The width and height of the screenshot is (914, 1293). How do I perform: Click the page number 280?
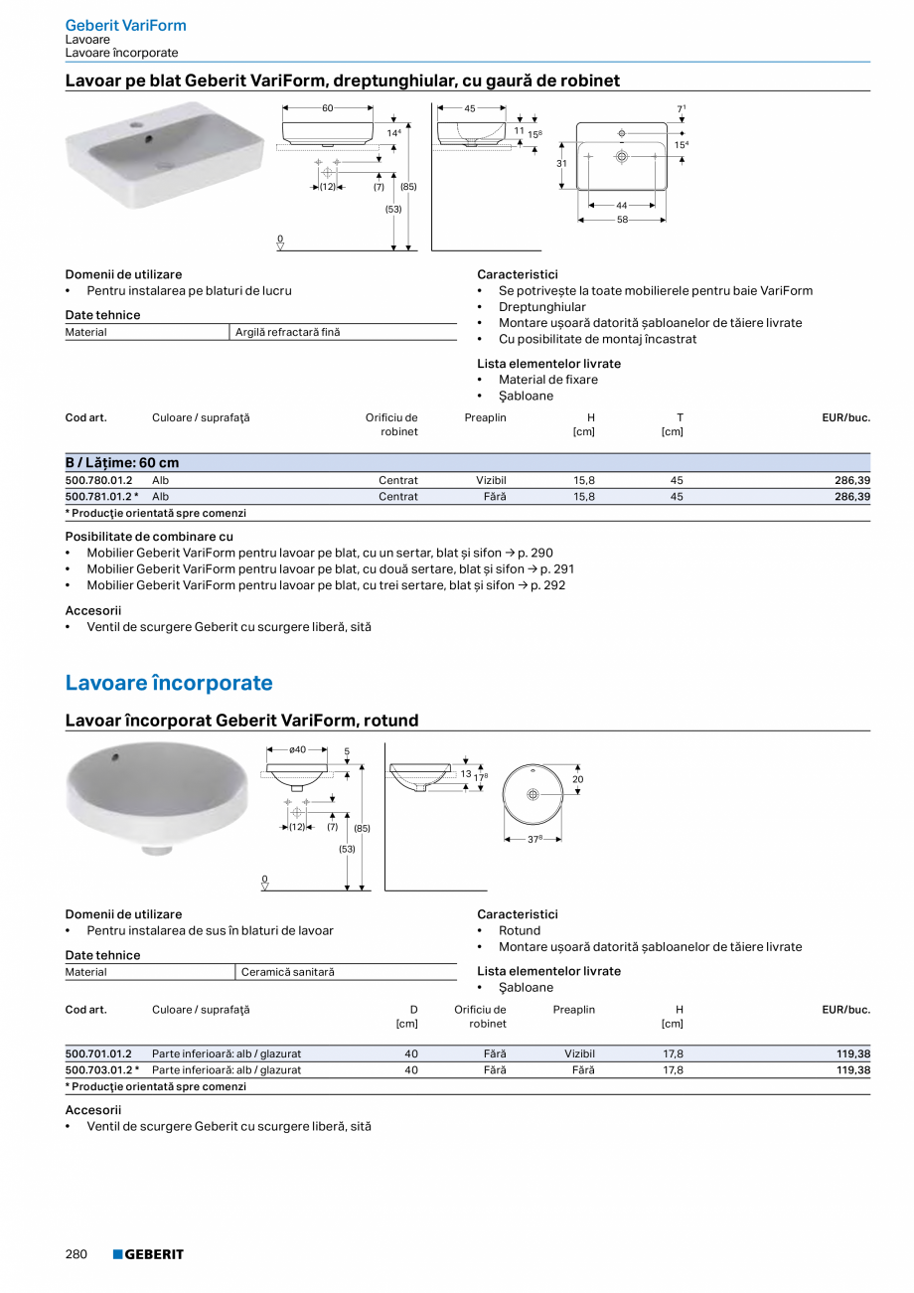76,1254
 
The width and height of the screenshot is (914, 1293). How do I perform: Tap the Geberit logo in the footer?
148,1254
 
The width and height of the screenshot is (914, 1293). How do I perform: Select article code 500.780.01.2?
99,480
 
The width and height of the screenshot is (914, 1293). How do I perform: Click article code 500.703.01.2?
99,1070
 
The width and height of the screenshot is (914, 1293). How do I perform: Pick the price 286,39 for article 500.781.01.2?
852,496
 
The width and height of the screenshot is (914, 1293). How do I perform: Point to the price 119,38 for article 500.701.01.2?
852,1053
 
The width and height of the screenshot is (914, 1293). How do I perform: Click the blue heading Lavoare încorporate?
169,683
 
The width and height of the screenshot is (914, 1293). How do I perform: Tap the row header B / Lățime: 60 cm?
122,463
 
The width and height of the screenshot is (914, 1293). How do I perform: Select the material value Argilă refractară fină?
287,332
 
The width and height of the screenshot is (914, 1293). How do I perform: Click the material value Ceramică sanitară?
288,972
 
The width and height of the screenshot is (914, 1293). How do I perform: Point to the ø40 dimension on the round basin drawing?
297,750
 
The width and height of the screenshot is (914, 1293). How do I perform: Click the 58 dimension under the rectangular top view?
622,220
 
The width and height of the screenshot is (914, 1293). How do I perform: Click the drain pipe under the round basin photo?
156,850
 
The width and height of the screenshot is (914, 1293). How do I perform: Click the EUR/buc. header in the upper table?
845,417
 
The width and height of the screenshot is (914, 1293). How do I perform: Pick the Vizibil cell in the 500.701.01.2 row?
579,1053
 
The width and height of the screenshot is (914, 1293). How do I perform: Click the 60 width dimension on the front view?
328,107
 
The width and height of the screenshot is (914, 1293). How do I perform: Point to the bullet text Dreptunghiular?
542,307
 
